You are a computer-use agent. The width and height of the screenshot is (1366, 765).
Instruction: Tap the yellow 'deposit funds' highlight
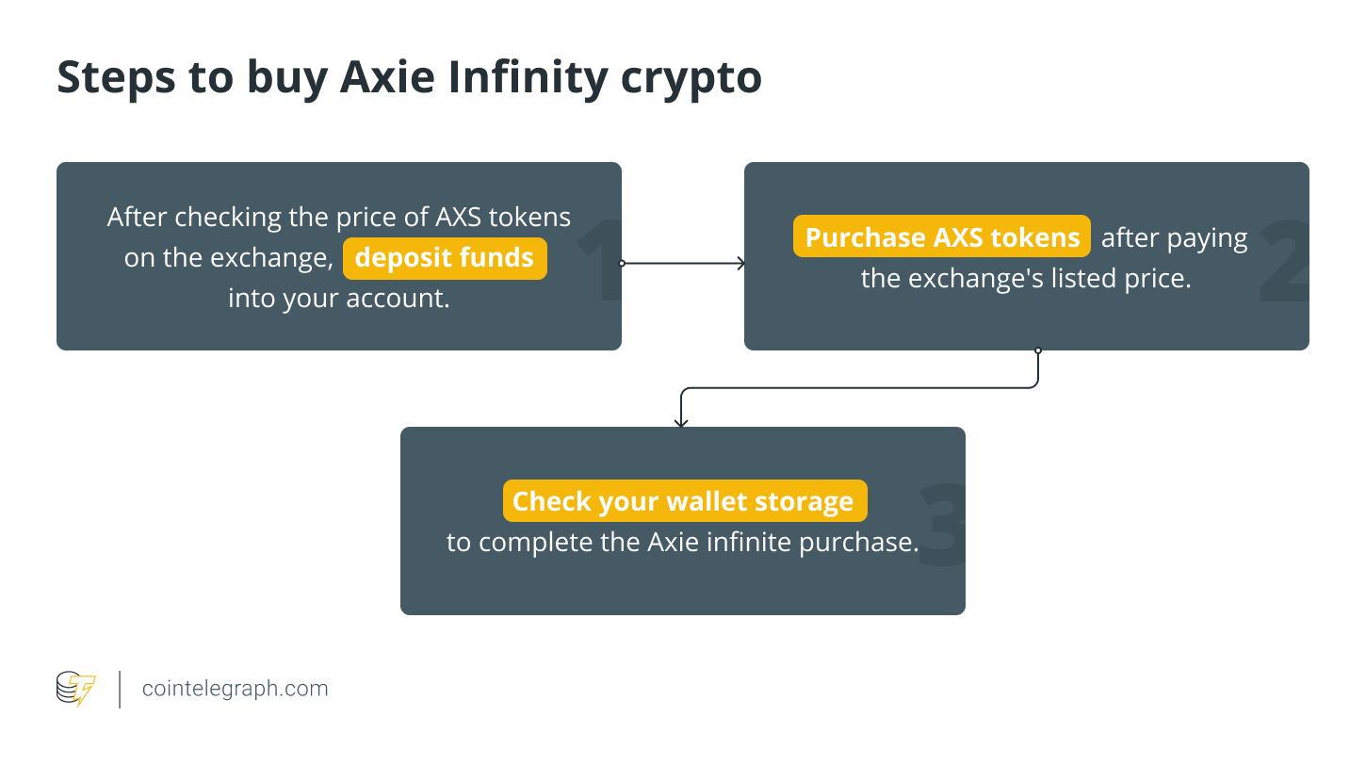pyautogui.click(x=444, y=258)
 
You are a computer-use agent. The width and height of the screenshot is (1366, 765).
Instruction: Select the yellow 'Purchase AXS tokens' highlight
pyautogui.click(x=941, y=237)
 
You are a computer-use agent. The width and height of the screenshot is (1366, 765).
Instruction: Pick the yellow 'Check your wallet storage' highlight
pyautogui.click(x=684, y=501)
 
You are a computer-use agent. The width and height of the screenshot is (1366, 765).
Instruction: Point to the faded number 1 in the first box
pyautogui.click(x=601, y=259)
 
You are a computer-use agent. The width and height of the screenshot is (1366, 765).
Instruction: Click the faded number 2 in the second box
pyautogui.click(x=1284, y=262)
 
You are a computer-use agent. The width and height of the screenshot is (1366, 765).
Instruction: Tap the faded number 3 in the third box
pyautogui.click(x=941, y=526)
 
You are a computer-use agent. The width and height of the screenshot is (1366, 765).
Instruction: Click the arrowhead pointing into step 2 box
pyautogui.click(x=740, y=264)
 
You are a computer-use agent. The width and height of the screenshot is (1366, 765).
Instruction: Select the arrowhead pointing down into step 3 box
pyautogui.click(x=681, y=423)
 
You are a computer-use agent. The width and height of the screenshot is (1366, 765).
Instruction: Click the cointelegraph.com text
pyautogui.click(x=236, y=689)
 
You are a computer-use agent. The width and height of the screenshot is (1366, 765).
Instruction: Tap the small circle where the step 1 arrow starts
pyautogui.click(x=622, y=264)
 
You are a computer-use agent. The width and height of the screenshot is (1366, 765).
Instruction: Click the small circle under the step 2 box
pyautogui.click(x=1038, y=350)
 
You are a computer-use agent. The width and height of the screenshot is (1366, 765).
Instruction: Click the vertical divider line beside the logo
pyautogui.click(x=121, y=689)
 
